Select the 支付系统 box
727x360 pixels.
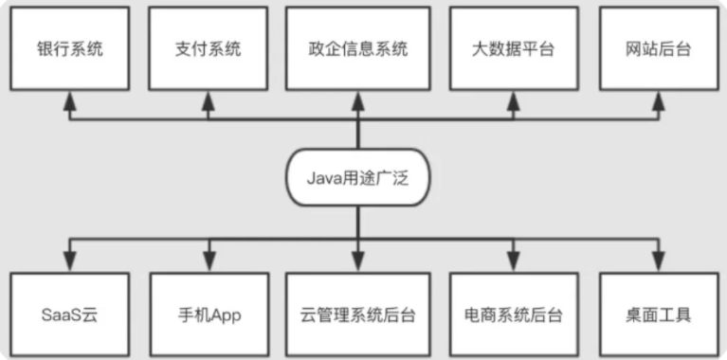(x=209, y=48)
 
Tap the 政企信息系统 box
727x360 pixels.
(x=358, y=48)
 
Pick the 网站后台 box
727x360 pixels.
(x=658, y=48)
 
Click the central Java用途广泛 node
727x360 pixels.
(x=358, y=178)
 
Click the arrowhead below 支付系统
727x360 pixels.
(x=209, y=100)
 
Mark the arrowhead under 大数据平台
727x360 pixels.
(x=512, y=100)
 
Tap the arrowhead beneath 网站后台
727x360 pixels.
(x=658, y=100)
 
